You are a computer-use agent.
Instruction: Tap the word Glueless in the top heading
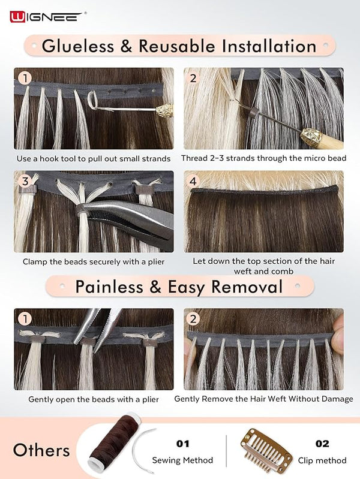78,46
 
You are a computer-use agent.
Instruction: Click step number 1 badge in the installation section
25,78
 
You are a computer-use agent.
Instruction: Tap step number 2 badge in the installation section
193,78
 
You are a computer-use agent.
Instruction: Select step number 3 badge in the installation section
25,181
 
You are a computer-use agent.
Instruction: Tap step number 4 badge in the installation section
193,181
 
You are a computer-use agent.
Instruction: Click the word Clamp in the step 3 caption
33,262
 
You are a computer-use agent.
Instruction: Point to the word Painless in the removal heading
109,287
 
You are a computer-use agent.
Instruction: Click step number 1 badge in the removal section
25,319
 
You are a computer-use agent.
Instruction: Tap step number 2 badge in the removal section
193,319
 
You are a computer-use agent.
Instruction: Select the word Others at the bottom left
41,450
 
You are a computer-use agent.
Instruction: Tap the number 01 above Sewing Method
182,444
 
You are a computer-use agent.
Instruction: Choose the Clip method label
322,460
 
